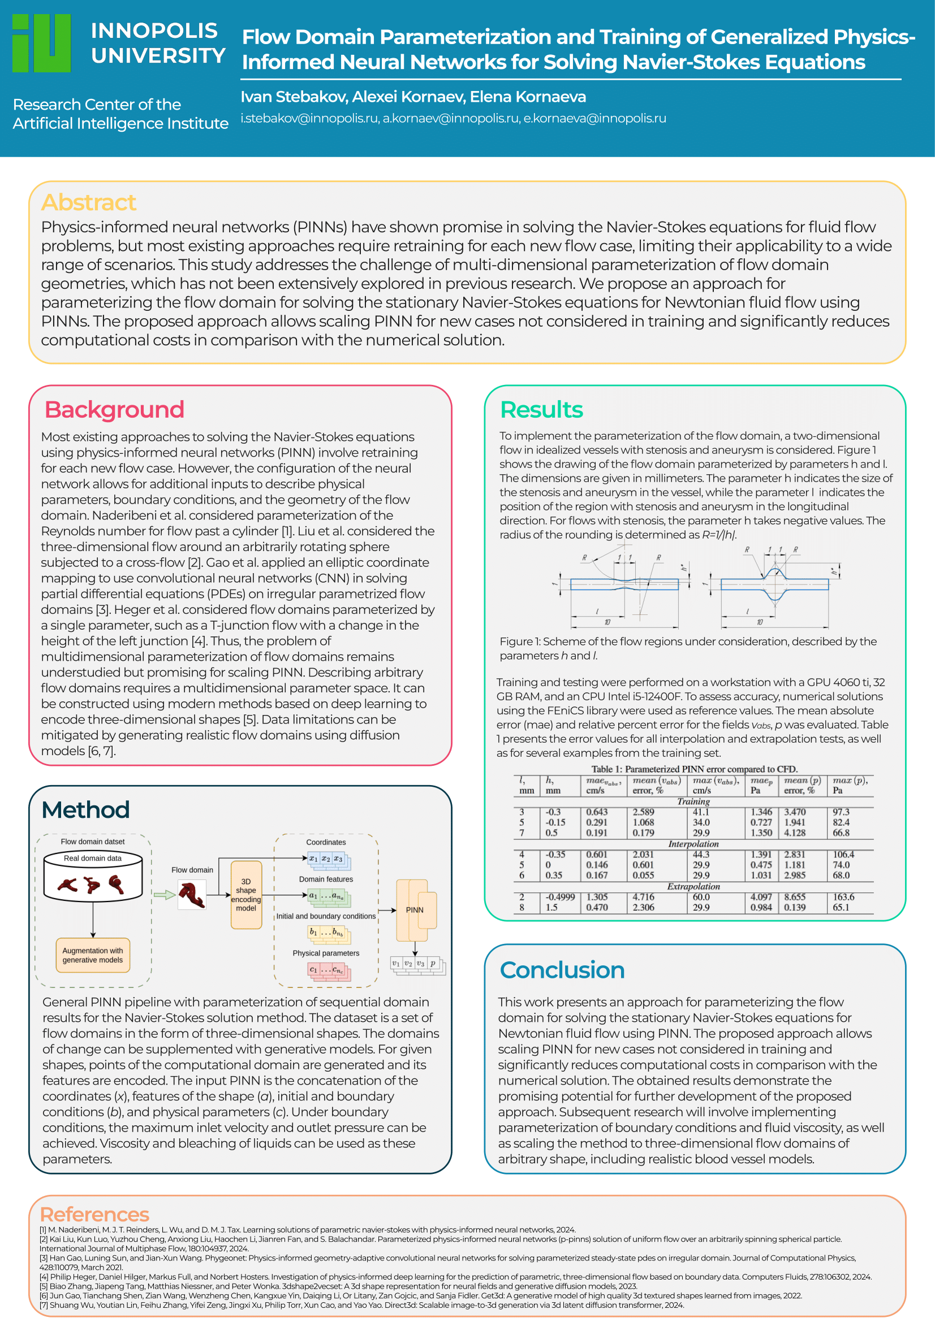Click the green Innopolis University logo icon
pyautogui.click(x=41, y=43)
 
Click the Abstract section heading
pyautogui.click(x=88, y=202)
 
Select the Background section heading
pyautogui.click(x=114, y=409)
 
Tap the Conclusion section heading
pyautogui.click(x=562, y=970)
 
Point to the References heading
pyautogui.click(x=94, y=1214)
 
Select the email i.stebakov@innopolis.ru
pyautogui.click(x=309, y=119)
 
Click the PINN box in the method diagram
pyautogui.click(x=414, y=910)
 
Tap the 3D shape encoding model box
pyautogui.click(x=246, y=894)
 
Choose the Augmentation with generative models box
pyautogui.click(x=93, y=955)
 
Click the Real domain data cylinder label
pyautogui.click(x=93, y=858)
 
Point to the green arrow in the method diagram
pyautogui.click(x=164, y=894)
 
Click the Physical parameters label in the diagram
pyautogui.click(x=325, y=953)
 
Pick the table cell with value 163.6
pyautogui.click(x=843, y=897)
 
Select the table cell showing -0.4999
pyautogui.click(x=560, y=897)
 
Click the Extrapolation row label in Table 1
pyautogui.click(x=693, y=887)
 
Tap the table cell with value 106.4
pyautogui.click(x=843, y=855)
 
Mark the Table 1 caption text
pyautogui.click(x=694, y=769)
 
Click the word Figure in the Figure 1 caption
pyautogui.click(x=516, y=642)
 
